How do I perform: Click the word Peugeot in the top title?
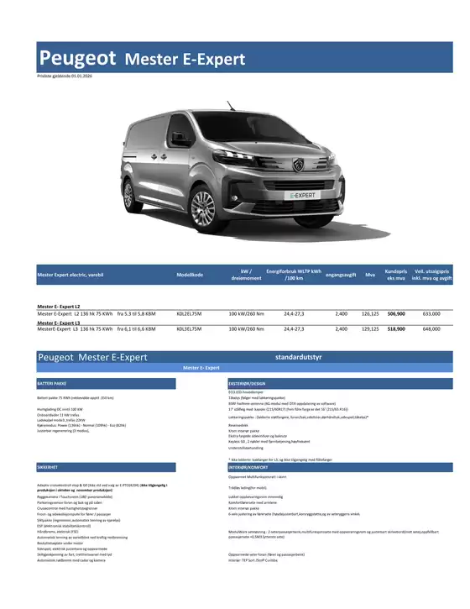pos(78,58)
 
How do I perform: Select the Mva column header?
pos(370,276)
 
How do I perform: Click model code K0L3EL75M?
pos(191,329)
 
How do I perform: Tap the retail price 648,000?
pos(431,329)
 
